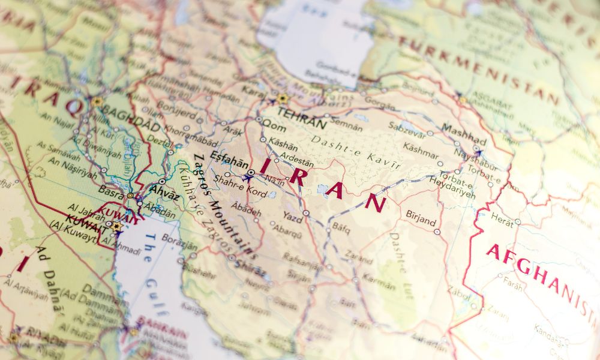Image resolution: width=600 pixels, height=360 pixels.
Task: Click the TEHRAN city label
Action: (302, 118)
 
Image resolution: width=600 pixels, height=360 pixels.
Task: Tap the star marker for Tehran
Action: (282, 98)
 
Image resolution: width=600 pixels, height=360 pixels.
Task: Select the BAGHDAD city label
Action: (130, 118)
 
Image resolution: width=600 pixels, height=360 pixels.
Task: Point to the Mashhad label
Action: (464, 132)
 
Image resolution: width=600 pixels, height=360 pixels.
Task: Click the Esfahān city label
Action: (228, 161)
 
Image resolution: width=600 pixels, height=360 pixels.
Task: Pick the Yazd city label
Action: (293, 217)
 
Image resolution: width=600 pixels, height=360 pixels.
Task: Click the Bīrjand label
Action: (421, 217)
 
